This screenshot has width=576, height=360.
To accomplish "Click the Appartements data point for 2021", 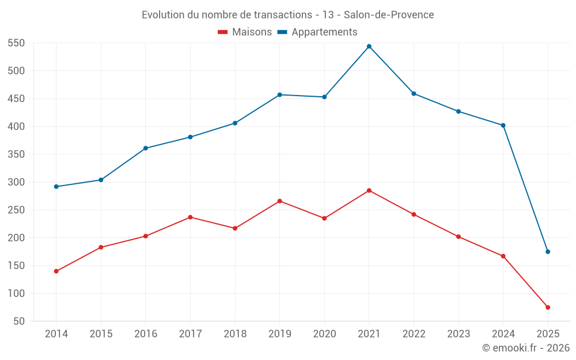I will (369, 47).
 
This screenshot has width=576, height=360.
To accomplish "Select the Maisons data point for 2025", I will (548, 308).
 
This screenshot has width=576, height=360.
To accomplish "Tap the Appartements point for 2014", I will (56, 187).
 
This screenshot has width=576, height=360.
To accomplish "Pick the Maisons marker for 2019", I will (280, 201).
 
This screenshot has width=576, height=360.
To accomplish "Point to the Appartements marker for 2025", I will (548, 252).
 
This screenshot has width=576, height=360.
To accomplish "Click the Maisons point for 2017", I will (190, 217).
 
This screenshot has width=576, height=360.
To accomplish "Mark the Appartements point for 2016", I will (146, 148).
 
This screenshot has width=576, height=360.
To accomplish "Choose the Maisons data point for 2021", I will (369, 191).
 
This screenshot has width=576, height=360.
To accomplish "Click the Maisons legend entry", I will (245, 32).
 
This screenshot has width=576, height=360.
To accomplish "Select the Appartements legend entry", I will (317, 32).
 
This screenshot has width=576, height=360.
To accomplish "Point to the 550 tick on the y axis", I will (16, 43).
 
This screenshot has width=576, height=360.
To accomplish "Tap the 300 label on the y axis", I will (16, 182).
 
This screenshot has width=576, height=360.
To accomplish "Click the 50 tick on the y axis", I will (19, 321).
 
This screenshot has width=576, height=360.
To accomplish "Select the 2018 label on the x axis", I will (235, 334).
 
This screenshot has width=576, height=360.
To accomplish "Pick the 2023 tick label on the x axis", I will (458, 334).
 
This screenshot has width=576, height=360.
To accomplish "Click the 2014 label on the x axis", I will (56, 334).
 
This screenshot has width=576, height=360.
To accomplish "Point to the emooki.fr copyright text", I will (526, 348).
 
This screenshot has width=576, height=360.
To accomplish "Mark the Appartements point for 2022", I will (414, 94).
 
